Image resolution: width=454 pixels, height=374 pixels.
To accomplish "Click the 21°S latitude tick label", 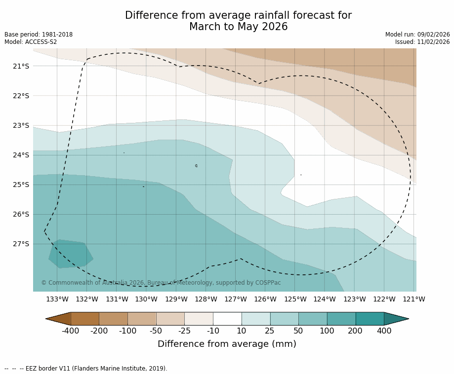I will click(21, 66).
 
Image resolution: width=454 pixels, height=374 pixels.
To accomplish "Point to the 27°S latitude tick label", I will click(21, 244).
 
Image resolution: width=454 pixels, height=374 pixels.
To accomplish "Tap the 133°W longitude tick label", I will click(57, 299).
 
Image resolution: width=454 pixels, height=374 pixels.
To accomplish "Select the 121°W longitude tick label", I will click(413, 299).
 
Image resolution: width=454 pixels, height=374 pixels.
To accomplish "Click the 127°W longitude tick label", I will click(236, 299).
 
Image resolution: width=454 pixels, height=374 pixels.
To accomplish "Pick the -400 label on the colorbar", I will click(70, 331).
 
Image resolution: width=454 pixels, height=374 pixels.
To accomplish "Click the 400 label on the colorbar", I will click(384, 331).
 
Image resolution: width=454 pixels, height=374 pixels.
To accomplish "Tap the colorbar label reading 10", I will click(241, 331).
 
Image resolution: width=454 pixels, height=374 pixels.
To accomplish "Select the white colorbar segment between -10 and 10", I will click(227, 319).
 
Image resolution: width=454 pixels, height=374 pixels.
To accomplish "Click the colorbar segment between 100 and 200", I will click(341, 319).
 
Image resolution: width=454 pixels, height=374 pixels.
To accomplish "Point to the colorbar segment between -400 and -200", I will click(85, 319).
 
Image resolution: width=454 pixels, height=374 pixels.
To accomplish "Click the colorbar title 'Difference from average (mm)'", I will click(227, 344).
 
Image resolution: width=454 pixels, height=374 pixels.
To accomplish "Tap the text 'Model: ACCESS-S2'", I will click(31, 42).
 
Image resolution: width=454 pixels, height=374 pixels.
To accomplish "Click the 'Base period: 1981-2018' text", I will click(39, 35).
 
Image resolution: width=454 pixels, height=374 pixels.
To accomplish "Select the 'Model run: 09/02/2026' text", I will click(417, 35).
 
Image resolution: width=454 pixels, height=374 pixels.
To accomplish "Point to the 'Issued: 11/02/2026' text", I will click(422, 42).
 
